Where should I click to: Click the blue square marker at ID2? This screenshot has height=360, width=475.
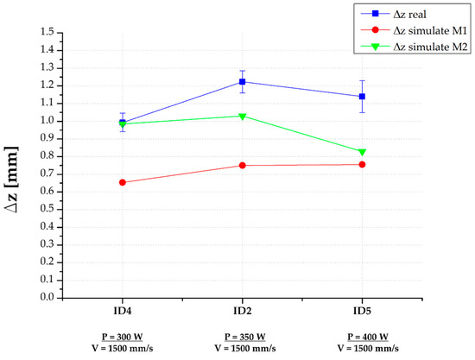tap(243, 82)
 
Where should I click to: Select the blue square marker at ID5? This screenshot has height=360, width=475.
tap(362, 97)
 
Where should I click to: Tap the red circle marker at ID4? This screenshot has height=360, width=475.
tap(123, 182)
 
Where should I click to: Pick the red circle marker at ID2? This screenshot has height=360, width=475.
tap(243, 165)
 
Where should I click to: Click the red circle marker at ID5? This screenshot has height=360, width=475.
tap(362, 164)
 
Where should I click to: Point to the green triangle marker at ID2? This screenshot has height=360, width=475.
tap(243, 117)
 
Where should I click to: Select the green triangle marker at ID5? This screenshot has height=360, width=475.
tap(362, 152)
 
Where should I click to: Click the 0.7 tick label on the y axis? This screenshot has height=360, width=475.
tap(45, 174)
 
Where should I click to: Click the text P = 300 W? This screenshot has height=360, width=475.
tap(123, 336)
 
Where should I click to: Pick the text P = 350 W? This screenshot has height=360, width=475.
tap(243, 336)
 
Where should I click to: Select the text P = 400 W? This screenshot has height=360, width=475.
tap(362, 336)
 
